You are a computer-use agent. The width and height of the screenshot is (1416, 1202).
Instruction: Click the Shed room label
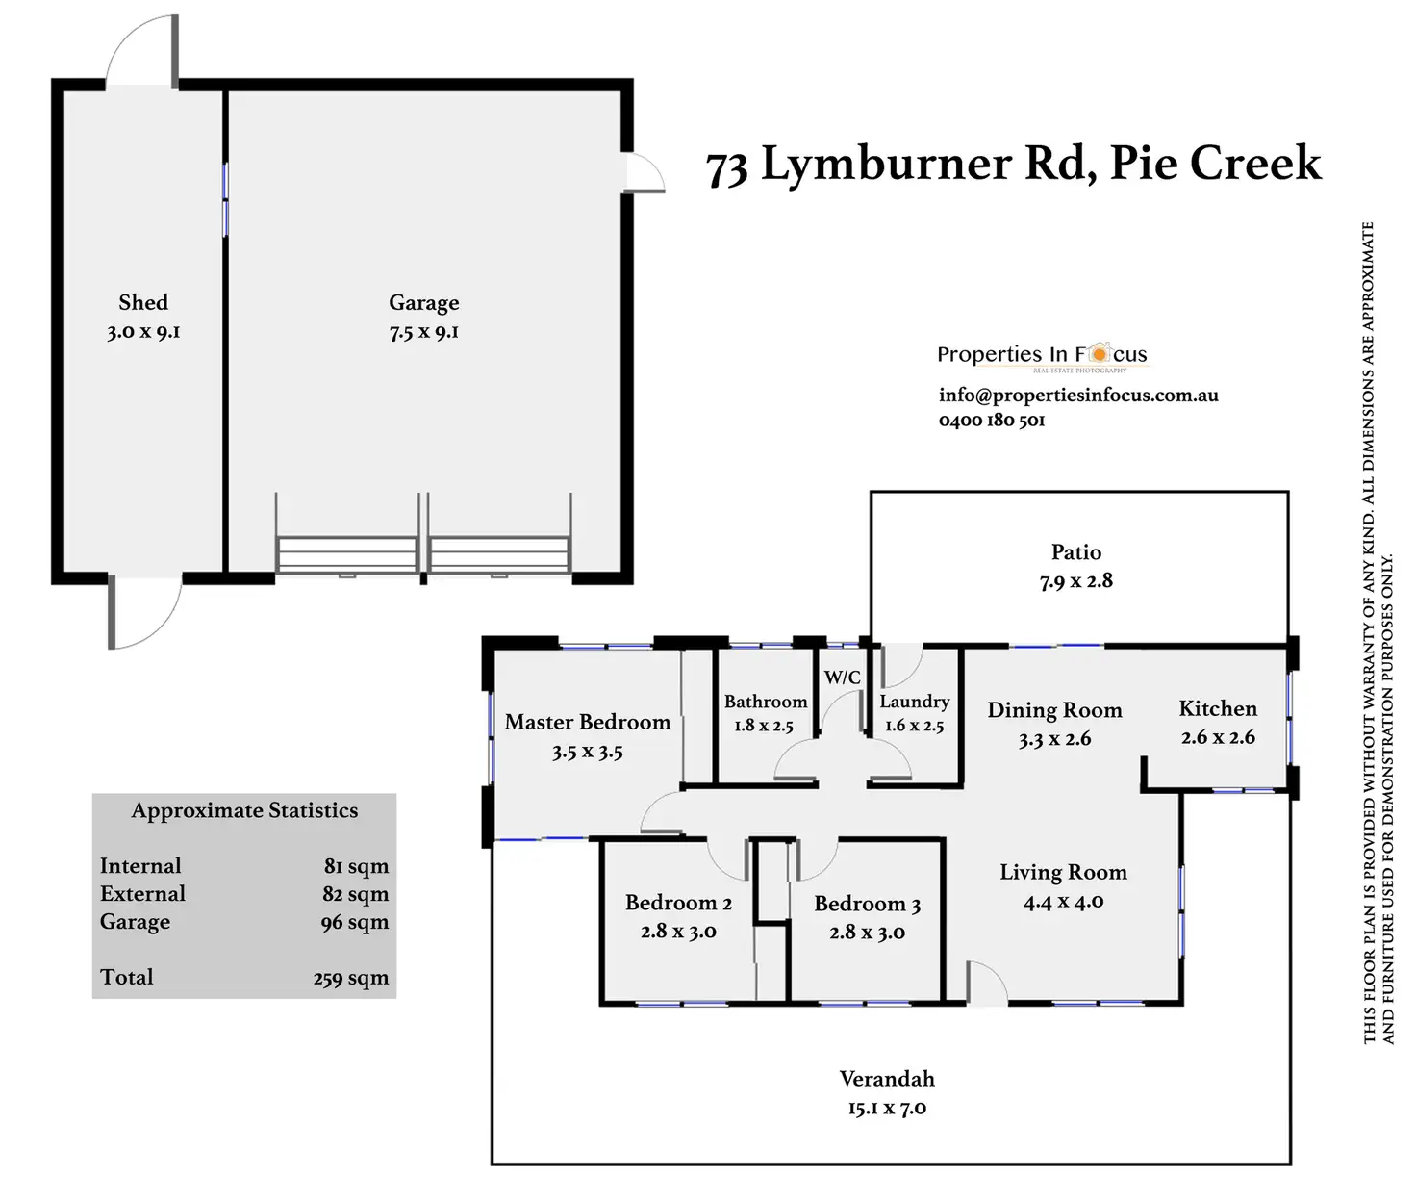point(143,302)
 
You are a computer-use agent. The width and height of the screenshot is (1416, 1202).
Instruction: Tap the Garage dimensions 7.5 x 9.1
point(424,332)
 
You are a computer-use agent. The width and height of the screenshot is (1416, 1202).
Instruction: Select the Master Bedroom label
point(587,722)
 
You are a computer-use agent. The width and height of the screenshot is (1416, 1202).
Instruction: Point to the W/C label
point(843,678)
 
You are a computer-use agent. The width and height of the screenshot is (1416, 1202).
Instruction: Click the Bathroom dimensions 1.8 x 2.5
point(764,726)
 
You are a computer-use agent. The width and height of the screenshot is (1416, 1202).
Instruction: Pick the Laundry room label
point(914,702)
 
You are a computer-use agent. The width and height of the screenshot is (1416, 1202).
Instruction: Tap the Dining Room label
point(1054,710)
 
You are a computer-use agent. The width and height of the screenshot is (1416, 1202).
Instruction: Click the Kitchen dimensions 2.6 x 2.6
point(1218,737)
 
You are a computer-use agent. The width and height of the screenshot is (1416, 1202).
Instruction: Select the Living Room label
point(1063,872)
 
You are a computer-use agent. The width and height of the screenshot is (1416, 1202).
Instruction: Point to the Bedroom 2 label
point(678,903)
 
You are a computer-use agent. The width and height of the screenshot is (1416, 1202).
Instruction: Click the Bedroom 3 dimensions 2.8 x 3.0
point(867,933)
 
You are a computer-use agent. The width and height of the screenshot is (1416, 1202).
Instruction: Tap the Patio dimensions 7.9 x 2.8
point(1075,580)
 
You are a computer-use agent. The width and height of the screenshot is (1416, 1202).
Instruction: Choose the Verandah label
point(887,1079)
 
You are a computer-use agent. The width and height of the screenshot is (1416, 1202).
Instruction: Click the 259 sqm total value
point(350,978)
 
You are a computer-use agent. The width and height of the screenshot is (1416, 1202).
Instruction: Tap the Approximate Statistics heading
point(244,810)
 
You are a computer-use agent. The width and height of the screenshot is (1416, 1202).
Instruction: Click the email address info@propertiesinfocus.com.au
point(1078,395)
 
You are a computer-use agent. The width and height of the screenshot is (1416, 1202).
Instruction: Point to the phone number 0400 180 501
point(992,420)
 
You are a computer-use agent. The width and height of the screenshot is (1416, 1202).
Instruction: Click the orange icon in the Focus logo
point(1099,353)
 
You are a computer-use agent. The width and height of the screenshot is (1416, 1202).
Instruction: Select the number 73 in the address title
point(726,168)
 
